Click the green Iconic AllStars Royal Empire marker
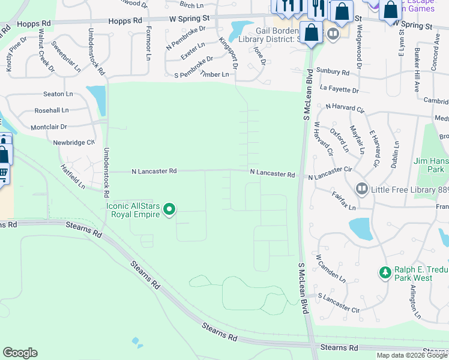[x=170, y=209]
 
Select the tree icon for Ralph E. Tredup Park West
[x=385, y=273]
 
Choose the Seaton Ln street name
[x=58, y=94]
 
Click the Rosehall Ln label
[x=52, y=110]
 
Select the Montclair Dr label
[x=49, y=127]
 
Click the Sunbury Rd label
[x=333, y=71]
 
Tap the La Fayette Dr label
[x=339, y=90]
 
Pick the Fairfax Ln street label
[x=343, y=199]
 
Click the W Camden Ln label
[x=331, y=268]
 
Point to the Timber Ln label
[x=214, y=74]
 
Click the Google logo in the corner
[x=20, y=353]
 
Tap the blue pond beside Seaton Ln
[x=97, y=100]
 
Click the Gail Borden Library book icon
[x=333, y=34]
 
